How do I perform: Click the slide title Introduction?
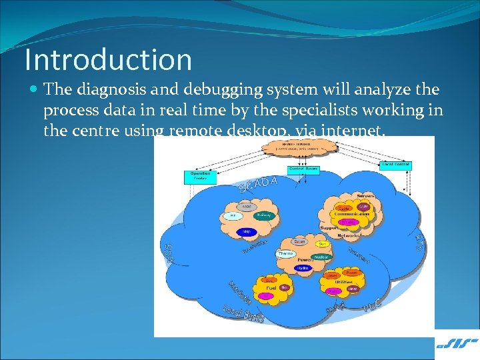[x=108, y=59]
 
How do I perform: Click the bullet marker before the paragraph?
[x=33, y=89]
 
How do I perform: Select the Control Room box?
[x=303, y=169]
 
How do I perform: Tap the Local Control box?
[x=396, y=165]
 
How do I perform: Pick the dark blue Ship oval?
[x=246, y=231]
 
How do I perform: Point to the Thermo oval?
[x=285, y=254]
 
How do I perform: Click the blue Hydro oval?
[x=303, y=267]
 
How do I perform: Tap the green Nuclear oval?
[x=321, y=256]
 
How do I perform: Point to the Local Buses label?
[x=243, y=313]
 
